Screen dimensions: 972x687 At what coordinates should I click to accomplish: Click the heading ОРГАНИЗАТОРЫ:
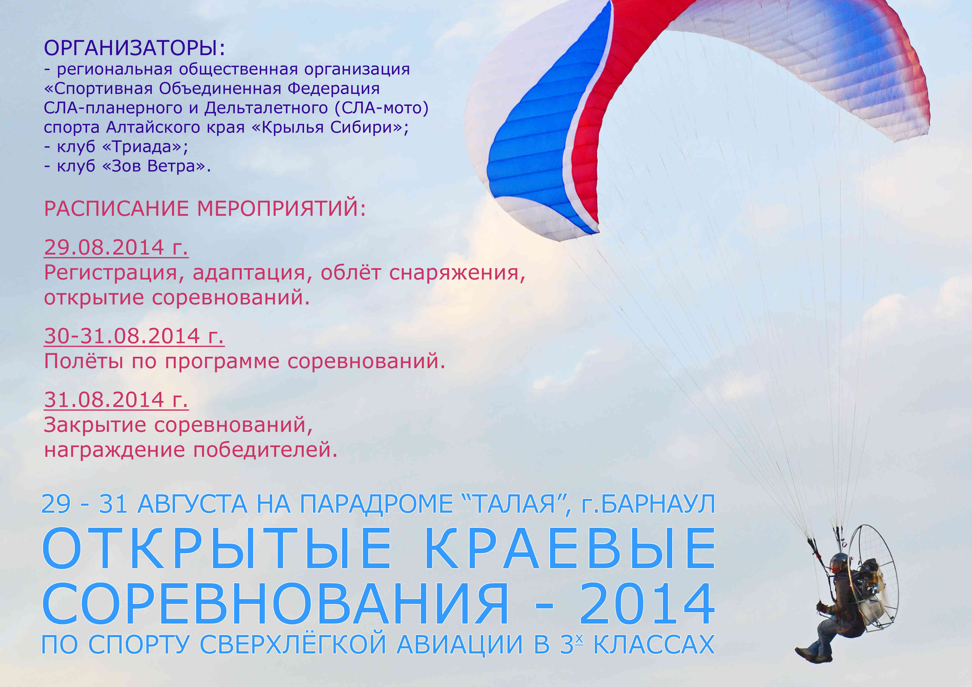pyautogui.click(x=134, y=48)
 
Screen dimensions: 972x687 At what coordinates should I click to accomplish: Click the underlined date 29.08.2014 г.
pyautogui.click(x=116, y=247)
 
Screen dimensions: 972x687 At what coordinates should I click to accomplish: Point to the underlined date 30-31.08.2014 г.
pyautogui.click(x=134, y=336)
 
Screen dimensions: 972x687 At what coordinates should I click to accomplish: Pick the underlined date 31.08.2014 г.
pyautogui.click(x=116, y=400)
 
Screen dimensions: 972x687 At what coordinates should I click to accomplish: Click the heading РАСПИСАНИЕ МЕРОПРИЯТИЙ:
pyautogui.click(x=205, y=209)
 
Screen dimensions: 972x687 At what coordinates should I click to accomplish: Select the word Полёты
pyautogui.click(x=84, y=361)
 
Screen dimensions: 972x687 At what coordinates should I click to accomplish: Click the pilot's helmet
pyautogui.click(x=838, y=561)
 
